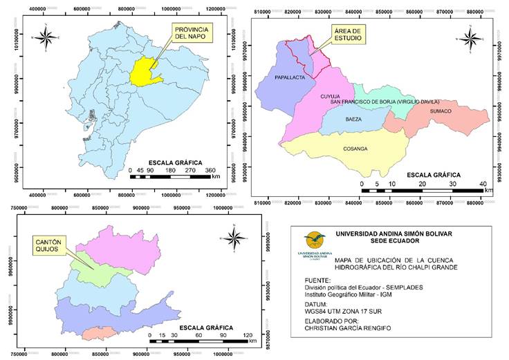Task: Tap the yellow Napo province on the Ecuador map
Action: pos(144,73)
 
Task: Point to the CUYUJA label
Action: pos(331,97)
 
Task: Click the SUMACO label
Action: pos(440,111)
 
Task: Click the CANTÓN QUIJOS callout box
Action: pos(48,245)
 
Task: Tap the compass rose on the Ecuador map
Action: pos(46,37)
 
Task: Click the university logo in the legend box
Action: pos(315,244)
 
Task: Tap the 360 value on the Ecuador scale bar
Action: pos(211,170)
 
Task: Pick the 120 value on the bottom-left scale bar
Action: pos(248,334)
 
